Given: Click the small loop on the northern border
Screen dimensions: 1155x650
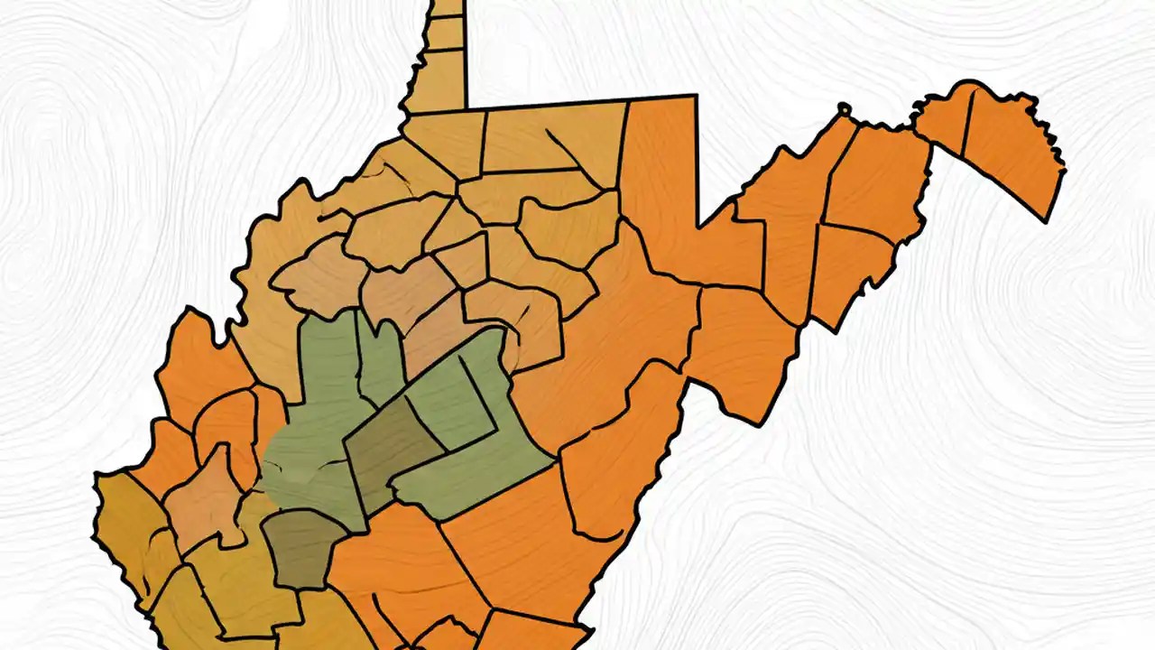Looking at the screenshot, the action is (x=844, y=110).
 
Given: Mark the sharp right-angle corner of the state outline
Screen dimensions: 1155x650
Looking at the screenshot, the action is (x=697, y=96).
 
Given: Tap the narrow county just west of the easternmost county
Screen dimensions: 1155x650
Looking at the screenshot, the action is (x=944, y=121).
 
